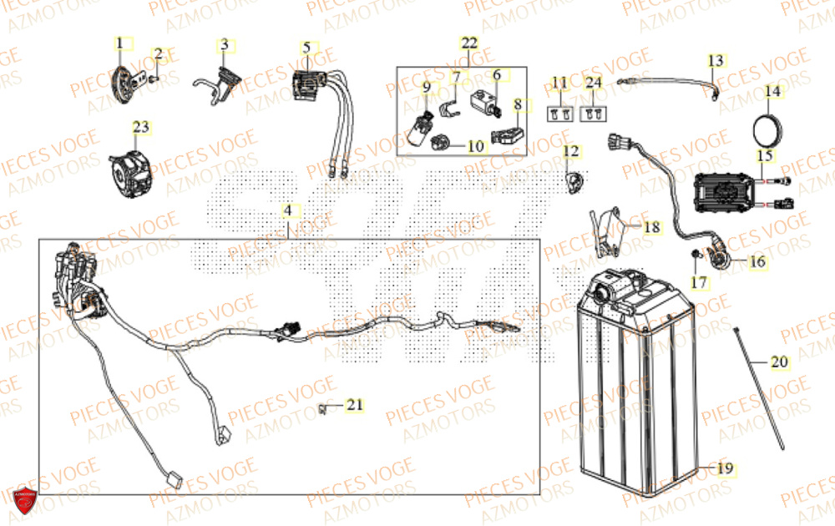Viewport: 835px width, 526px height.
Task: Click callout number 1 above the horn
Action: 119,42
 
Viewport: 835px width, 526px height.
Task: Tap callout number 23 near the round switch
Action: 140,127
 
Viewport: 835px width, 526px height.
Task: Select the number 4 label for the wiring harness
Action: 287,211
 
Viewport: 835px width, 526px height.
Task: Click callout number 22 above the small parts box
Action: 469,43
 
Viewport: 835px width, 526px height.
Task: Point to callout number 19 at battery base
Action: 725,468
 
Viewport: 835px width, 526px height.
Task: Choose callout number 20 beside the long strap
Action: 778,362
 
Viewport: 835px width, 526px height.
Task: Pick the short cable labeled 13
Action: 668,82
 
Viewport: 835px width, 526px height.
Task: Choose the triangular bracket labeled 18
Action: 609,230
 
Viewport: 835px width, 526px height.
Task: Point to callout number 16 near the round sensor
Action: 757,261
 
